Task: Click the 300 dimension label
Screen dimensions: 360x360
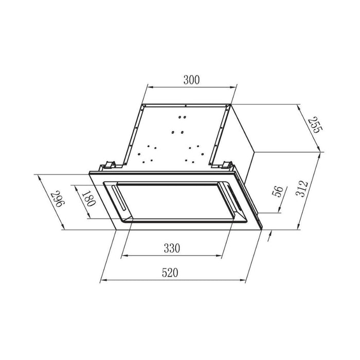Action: [190, 79]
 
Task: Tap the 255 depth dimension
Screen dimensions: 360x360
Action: [314, 125]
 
